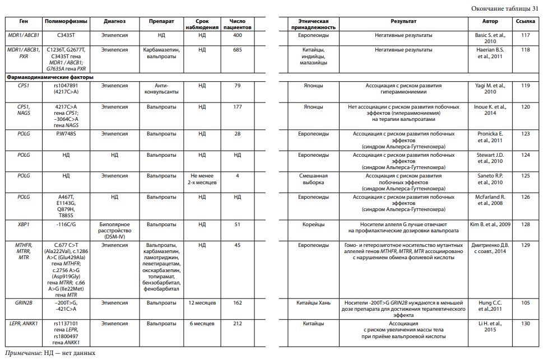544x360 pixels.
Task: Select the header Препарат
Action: pyautogui.click(x=160, y=21)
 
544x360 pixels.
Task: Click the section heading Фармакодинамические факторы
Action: pyautogui.click(x=49, y=77)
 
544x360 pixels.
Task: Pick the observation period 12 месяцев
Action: pyautogui.click(x=202, y=302)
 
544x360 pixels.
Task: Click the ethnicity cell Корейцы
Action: pyautogui.click(x=313, y=224)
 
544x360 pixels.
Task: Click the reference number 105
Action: pyautogui.click(x=525, y=302)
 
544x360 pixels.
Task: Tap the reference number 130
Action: pyautogui.click(x=525, y=323)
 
